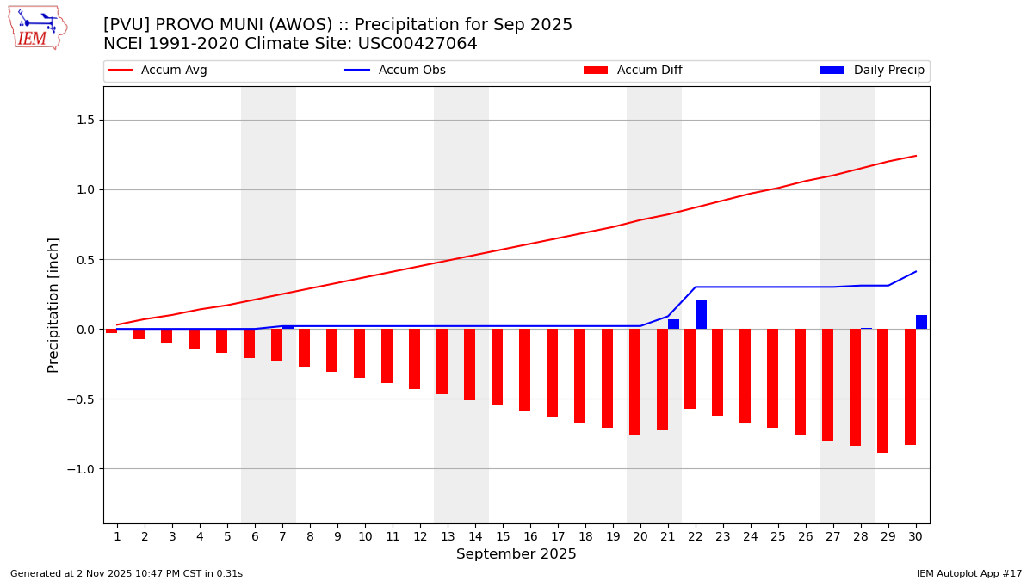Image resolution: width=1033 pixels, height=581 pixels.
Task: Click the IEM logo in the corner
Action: coord(37,28)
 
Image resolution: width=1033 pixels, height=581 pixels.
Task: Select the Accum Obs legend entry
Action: coord(411,71)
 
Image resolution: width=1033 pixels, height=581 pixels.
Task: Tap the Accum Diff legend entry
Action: coord(649,71)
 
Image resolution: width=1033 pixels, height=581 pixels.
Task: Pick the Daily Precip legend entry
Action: coord(888,71)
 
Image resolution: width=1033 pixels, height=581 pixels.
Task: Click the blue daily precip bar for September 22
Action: coord(701,314)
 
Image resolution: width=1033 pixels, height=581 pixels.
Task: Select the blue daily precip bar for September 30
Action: coord(921,322)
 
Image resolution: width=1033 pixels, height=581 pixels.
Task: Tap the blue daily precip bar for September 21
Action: coord(673,324)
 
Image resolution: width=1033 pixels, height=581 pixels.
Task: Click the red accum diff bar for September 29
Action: coord(882,391)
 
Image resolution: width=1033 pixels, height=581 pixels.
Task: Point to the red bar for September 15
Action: coord(497,367)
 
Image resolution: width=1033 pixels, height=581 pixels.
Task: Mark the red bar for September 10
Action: coord(359,353)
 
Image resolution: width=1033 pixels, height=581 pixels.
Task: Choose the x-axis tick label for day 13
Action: coord(448,536)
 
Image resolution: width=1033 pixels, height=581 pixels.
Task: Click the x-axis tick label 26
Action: coord(806,536)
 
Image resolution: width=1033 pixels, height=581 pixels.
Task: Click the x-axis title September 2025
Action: coord(516,554)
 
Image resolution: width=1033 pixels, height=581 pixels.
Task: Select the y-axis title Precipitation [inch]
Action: coord(53,305)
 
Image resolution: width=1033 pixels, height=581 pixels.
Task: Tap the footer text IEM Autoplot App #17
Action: coord(968,573)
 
